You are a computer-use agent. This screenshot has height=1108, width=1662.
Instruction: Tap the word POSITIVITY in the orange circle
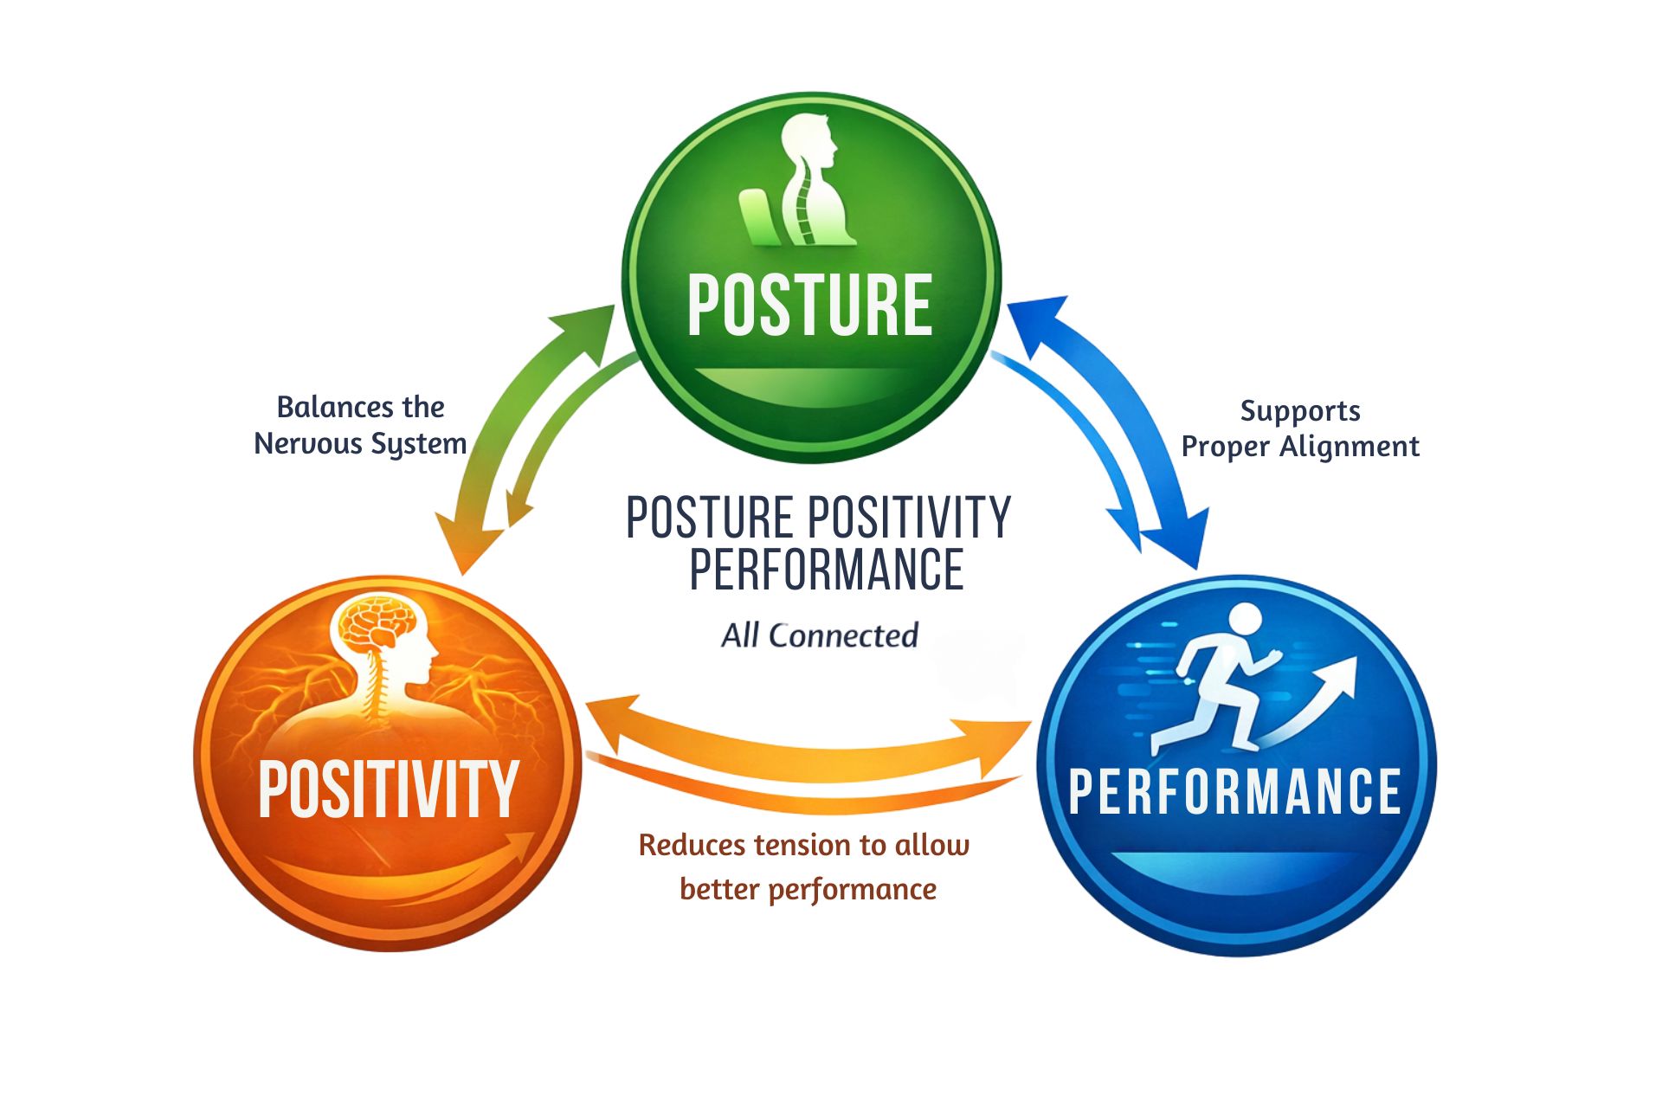pos(388,789)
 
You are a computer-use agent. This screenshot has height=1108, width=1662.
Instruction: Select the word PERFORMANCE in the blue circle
pos(1234,791)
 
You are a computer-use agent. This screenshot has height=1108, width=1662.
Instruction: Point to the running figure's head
pos(1245,621)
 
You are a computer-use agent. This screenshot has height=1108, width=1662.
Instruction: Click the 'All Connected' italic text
pos(819,635)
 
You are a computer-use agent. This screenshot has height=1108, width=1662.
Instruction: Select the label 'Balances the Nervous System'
pos(360,425)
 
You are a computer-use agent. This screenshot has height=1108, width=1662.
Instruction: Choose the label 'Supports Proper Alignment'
pos(1299,428)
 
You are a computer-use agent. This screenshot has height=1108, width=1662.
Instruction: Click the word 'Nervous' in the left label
pos(307,443)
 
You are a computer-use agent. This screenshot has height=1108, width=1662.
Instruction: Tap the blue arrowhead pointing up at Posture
pos(1037,319)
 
